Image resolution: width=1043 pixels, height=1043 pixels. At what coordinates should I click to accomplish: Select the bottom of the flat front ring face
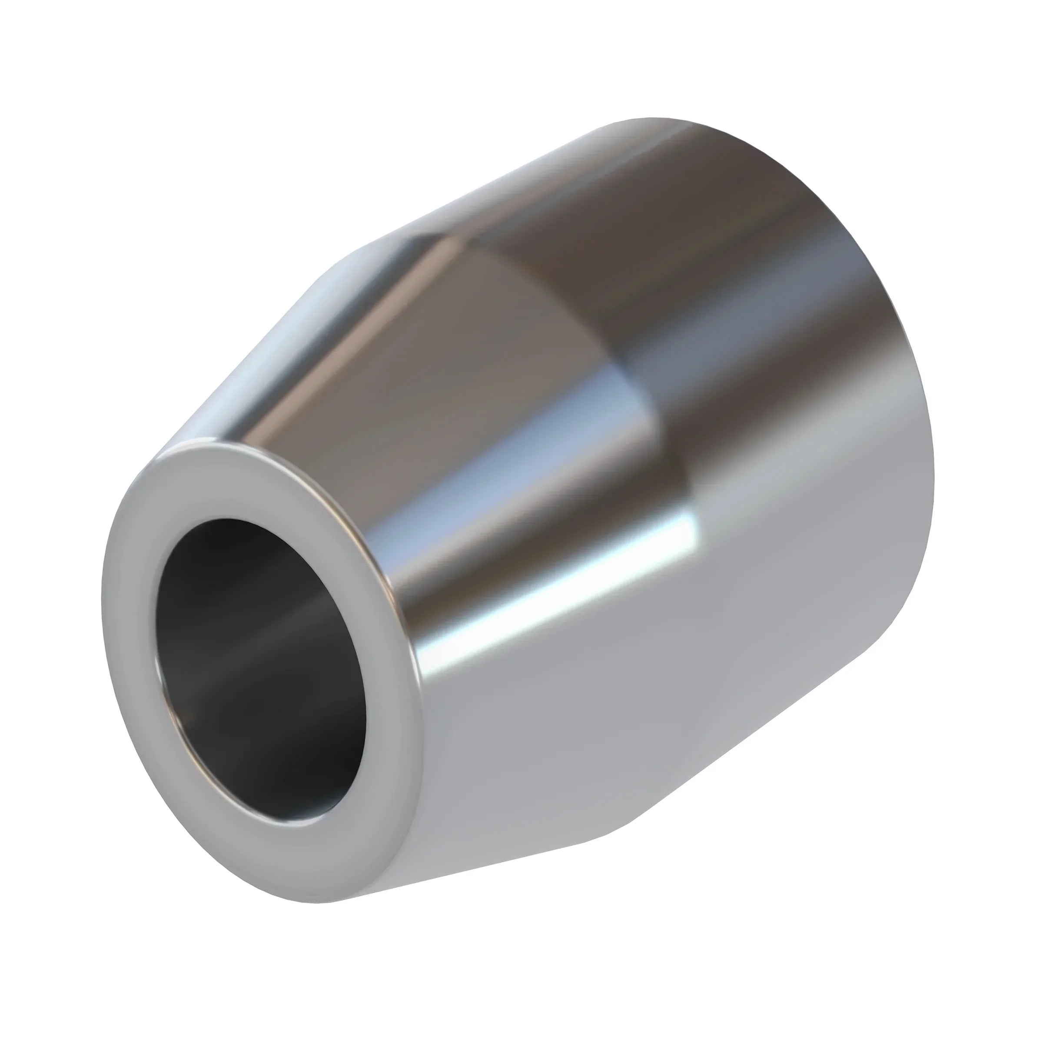(302, 869)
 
